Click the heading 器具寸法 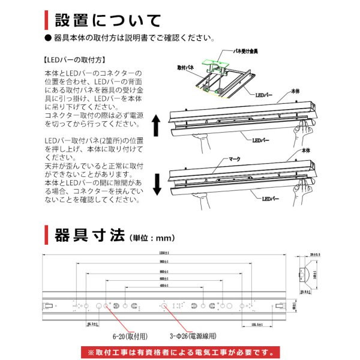[89, 234]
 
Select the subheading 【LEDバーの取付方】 [75, 60]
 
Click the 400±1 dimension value [164, 286]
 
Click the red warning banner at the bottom [179, 352]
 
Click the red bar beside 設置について [47, 19]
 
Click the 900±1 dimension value [164, 262]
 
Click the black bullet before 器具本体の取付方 [49, 38]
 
